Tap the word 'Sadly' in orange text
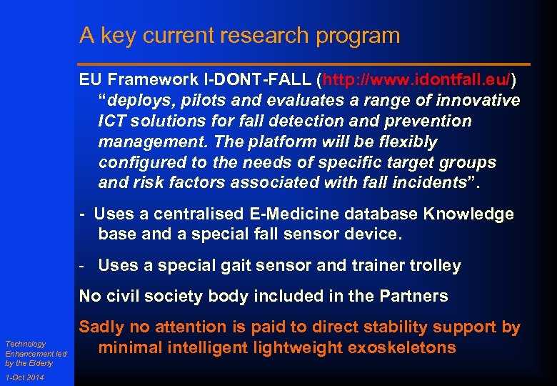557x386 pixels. (x=101, y=327)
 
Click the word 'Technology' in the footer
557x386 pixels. (x=25, y=344)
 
